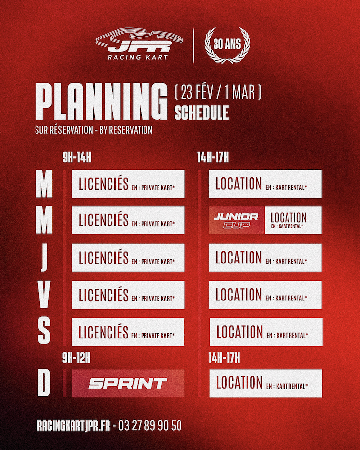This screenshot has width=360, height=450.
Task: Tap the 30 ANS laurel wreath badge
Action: tap(227, 45)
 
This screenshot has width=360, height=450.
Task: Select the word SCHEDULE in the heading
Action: tap(202, 112)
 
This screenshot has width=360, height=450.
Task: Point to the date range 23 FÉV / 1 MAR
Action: tap(217, 92)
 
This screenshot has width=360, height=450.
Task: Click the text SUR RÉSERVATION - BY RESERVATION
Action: tap(94, 131)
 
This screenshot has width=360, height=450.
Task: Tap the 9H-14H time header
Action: tap(77, 158)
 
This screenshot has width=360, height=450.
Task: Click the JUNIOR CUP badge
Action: tap(236, 221)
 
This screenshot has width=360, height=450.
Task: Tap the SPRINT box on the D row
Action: tap(128, 383)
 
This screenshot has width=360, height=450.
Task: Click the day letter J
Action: tap(44, 258)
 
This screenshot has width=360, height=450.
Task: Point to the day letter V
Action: tap(44, 295)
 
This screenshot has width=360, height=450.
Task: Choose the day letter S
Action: tap(44, 332)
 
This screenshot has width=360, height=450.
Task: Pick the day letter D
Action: tap(44, 383)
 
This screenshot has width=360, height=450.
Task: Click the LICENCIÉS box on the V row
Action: tap(128, 295)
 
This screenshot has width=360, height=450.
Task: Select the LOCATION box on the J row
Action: tap(265, 258)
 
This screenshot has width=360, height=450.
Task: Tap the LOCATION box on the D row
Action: tap(265, 383)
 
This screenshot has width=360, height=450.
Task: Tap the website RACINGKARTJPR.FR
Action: tap(73, 425)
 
